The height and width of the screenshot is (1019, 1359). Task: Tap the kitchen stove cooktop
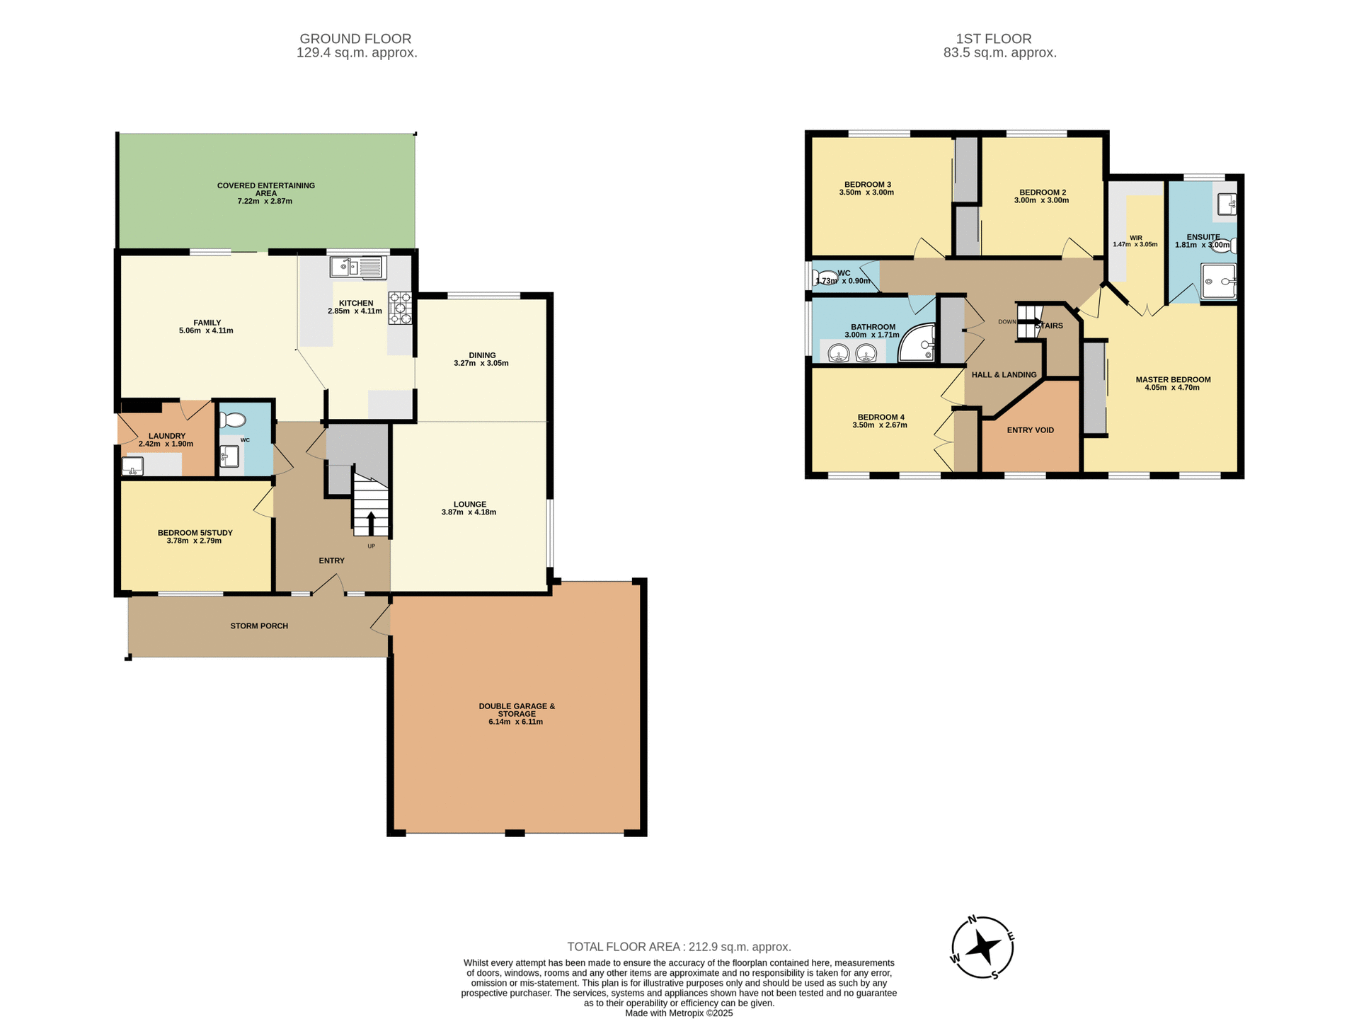pos(400,308)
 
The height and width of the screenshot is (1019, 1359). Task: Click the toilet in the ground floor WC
pos(231,420)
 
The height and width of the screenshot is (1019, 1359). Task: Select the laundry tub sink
pos(132,466)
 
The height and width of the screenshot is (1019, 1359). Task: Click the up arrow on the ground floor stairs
pos(371,522)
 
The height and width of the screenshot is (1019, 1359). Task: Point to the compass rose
pos(982,947)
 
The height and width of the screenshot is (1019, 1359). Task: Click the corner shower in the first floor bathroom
pos(918,343)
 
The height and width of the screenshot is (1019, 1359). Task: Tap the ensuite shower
pos(1218,281)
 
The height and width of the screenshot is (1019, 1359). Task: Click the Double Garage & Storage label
pos(517,710)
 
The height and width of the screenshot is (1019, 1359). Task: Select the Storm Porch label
pos(259,626)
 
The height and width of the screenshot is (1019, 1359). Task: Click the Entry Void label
pos(1030,430)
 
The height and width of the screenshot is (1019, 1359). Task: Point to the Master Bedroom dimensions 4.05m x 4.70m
pos(1172,388)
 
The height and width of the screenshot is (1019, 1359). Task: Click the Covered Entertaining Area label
pos(266,189)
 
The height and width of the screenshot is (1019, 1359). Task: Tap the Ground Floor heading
pos(355,39)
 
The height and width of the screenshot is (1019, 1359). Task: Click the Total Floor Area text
pos(679,947)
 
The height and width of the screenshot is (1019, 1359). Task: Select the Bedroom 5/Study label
pos(195,533)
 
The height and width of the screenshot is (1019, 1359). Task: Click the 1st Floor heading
pos(993,39)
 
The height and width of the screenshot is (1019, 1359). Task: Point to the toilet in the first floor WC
pos(824,277)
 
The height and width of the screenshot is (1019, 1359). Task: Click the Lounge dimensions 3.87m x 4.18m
pos(469,512)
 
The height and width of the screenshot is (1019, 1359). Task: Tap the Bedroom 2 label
pos(1042,192)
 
